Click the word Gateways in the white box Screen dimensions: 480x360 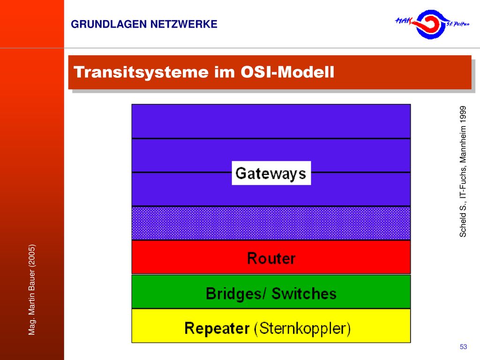pos(270,173)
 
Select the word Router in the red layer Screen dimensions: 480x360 pos(271,258)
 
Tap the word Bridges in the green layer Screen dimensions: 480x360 pos(233,293)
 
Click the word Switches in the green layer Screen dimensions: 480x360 pos(304,293)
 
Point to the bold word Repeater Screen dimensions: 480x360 pos(217,329)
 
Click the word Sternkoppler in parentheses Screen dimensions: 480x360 pos(302,329)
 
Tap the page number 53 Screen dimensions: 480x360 pos(463,346)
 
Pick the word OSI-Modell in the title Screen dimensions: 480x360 pos(287,72)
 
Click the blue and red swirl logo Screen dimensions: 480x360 pos(431,24)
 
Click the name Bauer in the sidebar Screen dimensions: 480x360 pos(32,281)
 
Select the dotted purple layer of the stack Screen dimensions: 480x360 pos(271,223)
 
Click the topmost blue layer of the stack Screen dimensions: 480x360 pos(271,121)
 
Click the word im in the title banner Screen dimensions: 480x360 pos(225,72)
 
